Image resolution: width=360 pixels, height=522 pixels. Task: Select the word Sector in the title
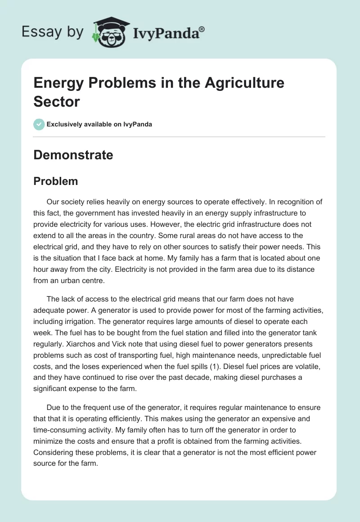(x=57, y=101)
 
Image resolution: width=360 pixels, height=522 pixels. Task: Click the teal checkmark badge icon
(x=39, y=124)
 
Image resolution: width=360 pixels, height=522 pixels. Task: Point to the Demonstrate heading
(x=73, y=155)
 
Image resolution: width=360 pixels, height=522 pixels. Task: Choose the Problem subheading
(x=55, y=181)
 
